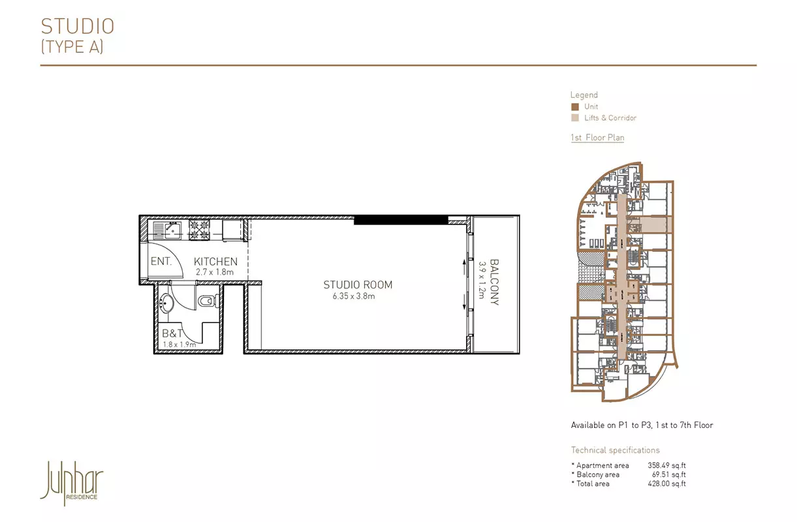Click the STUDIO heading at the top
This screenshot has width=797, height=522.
(78, 26)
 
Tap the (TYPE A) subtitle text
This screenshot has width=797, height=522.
(72, 46)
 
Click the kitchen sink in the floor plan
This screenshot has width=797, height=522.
(167, 230)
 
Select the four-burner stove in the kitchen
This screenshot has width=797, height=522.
(199, 230)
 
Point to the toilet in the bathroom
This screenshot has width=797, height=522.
(208, 301)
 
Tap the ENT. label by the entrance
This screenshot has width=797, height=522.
(161, 262)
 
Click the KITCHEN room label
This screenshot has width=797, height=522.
(215, 262)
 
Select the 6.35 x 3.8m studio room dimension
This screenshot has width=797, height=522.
(354, 296)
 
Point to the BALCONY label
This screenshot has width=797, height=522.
(495, 282)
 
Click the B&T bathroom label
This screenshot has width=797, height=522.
(172, 333)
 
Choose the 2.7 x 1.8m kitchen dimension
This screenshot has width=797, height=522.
(215, 272)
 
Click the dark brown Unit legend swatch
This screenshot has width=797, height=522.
(575, 106)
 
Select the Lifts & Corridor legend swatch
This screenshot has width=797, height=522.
(575, 118)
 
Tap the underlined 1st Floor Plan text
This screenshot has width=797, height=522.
(597, 138)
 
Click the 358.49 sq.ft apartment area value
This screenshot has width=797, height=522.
(666, 465)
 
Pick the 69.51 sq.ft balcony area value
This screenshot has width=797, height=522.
(669, 474)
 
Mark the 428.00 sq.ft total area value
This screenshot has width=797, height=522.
(666, 484)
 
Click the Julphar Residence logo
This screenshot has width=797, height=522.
(72, 484)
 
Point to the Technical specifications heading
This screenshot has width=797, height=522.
(615, 450)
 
